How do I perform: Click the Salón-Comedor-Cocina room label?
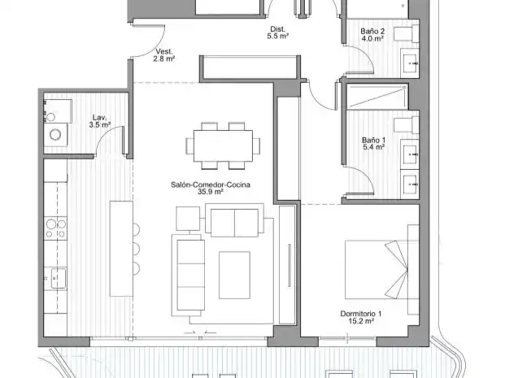[x=211, y=185]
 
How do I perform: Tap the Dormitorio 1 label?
[x=361, y=314]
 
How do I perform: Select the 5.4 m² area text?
[x=373, y=147]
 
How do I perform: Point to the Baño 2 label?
[x=372, y=31]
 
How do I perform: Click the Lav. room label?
[x=99, y=118]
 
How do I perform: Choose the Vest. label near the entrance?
[x=164, y=51]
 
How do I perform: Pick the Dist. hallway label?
[x=277, y=29]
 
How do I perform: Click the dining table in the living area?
[x=223, y=146]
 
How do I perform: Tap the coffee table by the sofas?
[x=234, y=275]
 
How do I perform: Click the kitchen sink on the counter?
[x=59, y=278]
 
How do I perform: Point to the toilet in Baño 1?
[x=407, y=125]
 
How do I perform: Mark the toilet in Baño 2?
[x=407, y=34]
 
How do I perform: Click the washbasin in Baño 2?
[x=410, y=63]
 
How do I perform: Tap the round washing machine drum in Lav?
[x=55, y=134]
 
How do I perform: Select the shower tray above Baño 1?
[x=377, y=96]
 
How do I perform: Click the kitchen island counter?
[x=121, y=249]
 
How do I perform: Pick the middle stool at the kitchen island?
[x=137, y=249]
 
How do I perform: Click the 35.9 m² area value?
[x=211, y=192]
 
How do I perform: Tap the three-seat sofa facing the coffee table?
[x=190, y=275]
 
